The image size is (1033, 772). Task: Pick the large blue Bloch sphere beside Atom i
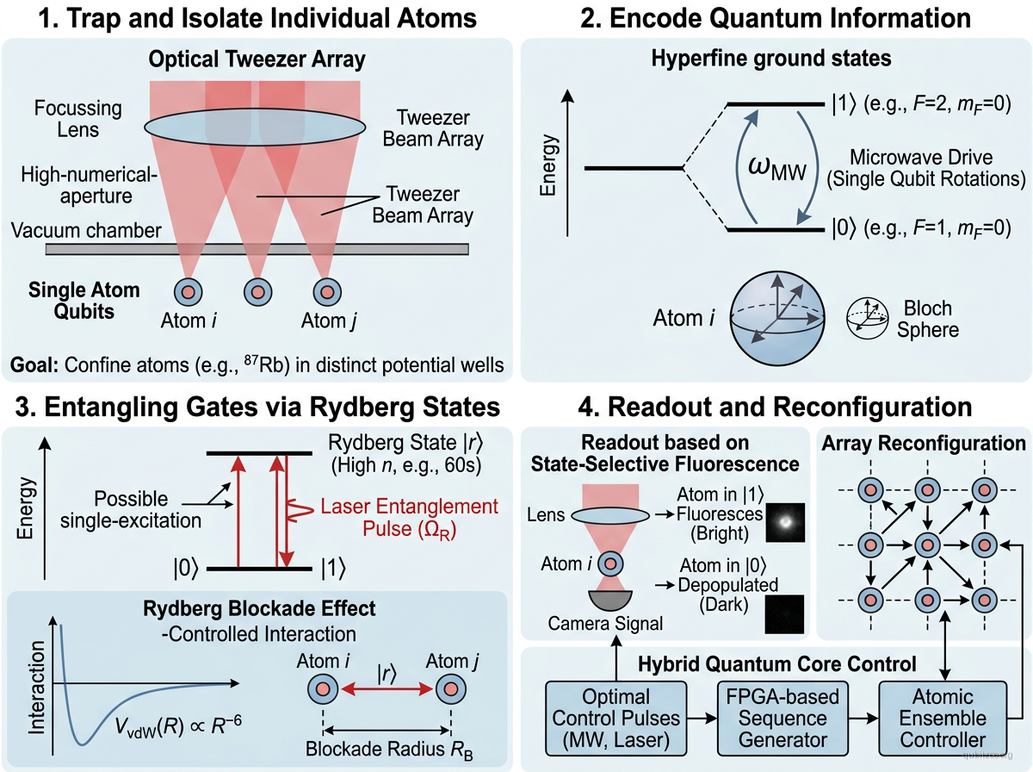(776, 319)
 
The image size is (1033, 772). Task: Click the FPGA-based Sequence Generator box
(771, 716)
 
